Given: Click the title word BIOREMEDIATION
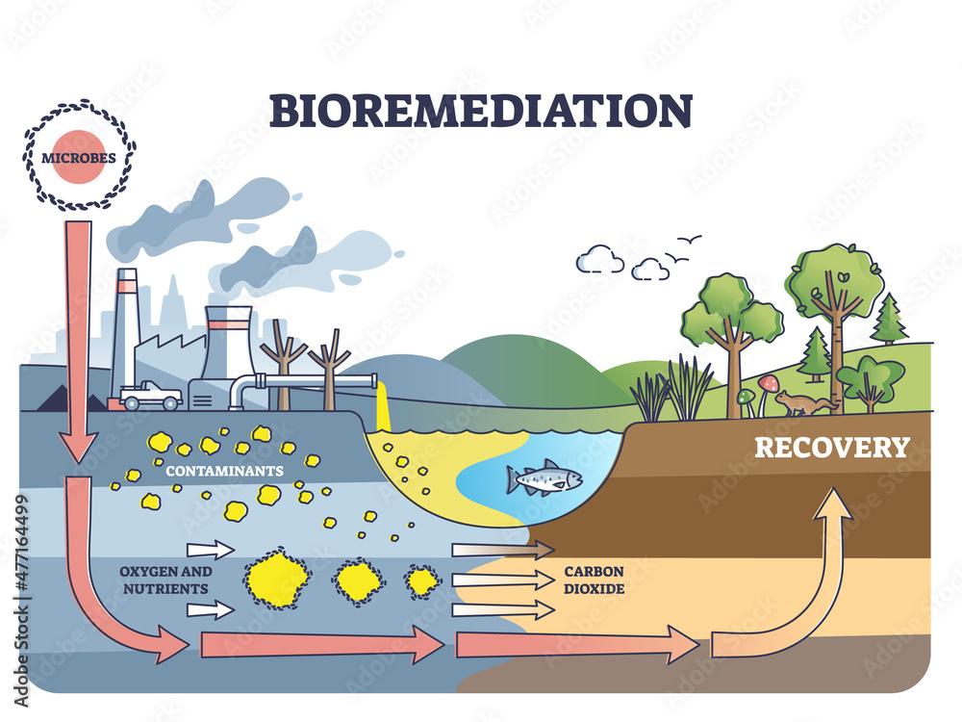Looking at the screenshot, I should [480, 110].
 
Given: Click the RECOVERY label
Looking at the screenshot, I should [831, 448].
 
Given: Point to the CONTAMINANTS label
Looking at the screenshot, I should [223, 472].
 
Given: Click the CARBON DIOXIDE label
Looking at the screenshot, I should [594, 579].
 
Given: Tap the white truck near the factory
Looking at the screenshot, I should [151, 395].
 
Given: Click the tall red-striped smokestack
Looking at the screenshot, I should [125, 332].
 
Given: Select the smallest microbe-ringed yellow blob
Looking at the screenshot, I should [421, 580].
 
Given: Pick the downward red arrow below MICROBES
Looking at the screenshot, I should [78, 337].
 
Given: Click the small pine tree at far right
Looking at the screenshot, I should [889, 320].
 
